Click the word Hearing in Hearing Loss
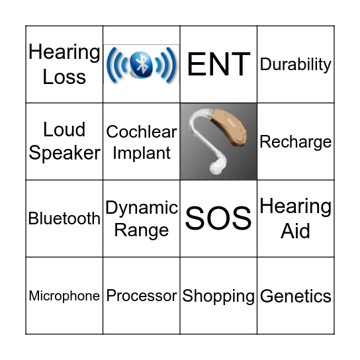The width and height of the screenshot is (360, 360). pyautogui.click(x=64, y=52)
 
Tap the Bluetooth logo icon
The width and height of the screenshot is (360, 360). pyautogui.click(x=142, y=65)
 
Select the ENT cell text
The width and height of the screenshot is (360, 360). pyautogui.click(x=218, y=65)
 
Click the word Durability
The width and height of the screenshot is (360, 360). pyautogui.click(x=295, y=65)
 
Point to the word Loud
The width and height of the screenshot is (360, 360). pyautogui.click(x=64, y=129)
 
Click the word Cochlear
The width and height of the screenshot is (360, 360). pyautogui.click(x=142, y=132)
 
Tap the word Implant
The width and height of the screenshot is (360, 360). pyautogui.click(x=142, y=153)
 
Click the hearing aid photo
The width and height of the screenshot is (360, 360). pyautogui.click(x=218, y=141)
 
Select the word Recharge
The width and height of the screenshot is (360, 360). pyautogui.click(x=295, y=142)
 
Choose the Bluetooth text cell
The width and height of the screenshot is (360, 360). pyautogui.click(x=64, y=218)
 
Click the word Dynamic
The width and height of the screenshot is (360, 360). pyautogui.click(x=142, y=208)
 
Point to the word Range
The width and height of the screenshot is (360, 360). pyautogui.click(x=142, y=230)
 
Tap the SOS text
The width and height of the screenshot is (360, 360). pyautogui.click(x=218, y=218)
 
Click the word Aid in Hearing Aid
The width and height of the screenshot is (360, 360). pyautogui.click(x=295, y=231)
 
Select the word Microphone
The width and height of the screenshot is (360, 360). pyautogui.click(x=64, y=296)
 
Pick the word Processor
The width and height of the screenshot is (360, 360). pyautogui.click(x=142, y=296)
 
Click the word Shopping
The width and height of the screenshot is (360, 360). pyautogui.click(x=218, y=296)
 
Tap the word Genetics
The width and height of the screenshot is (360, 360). pyautogui.click(x=295, y=296)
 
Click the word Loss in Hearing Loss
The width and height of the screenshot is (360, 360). pyautogui.click(x=64, y=77)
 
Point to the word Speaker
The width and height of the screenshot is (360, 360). pyautogui.click(x=64, y=153)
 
